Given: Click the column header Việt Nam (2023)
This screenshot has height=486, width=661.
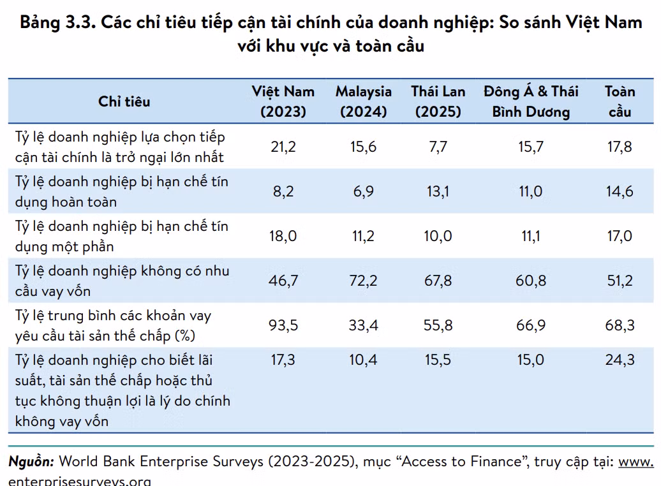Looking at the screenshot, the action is click(x=283, y=101).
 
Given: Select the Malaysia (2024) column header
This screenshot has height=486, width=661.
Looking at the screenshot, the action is click(x=364, y=101).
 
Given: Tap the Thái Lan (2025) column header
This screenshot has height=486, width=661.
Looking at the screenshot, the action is click(x=438, y=101).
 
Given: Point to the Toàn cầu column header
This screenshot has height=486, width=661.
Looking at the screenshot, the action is click(x=620, y=101).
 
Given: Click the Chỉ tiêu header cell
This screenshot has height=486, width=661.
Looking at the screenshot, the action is click(x=124, y=101).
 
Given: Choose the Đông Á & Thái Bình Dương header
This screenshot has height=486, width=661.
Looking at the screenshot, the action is click(x=531, y=101).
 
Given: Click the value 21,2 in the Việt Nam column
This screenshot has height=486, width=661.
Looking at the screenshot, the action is click(x=283, y=147).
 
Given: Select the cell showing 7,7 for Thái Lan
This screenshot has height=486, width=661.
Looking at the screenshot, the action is click(x=438, y=147).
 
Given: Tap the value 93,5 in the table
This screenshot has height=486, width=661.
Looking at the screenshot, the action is click(x=283, y=325).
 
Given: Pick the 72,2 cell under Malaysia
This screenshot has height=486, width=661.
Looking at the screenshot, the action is click(x=364, y=280).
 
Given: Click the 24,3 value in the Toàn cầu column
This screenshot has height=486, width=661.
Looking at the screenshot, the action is click(x=620, y=360).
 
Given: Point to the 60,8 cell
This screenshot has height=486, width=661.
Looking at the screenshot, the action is click(x=531, y=280).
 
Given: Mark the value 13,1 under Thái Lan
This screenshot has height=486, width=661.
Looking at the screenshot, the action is click(x=438, y=191).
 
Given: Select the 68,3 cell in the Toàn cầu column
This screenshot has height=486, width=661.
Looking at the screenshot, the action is click(x=620, y=325).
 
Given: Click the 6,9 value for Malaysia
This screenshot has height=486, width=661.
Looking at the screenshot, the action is click(x=364, y=191).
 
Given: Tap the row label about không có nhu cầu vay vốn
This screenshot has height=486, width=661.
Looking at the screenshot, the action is click(x=123, y=281).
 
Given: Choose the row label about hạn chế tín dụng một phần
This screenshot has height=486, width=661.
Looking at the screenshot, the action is click(x=122, y=236).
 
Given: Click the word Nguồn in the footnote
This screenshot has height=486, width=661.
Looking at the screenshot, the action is click(x=31, y=462).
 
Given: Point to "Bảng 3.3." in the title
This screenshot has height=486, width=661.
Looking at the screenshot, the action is click(x=58, y=22).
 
